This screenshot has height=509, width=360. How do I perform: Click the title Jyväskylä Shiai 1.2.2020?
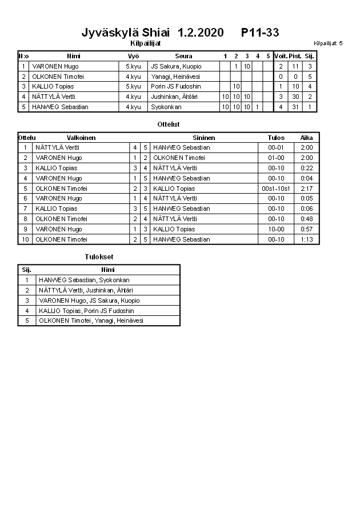pyautogui.click(x=153, y=33)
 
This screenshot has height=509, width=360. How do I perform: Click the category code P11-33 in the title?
pyautogui.click(x=260, y=33)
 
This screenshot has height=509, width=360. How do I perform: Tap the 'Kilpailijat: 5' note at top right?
pyautogui.click(x=328, y=43)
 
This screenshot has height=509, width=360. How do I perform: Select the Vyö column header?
pyautogui.click(x=133, y=56)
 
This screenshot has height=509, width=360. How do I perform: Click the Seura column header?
pyautogui.click(x=183, y=56)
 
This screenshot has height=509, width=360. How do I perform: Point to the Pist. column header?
pyautogui.click(x=295, y=56)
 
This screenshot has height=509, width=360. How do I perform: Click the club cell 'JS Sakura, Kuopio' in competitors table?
pyautogui.click(x=176, y=66)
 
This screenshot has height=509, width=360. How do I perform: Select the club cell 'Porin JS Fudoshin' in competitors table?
pyautogui.click(x=176, y=86)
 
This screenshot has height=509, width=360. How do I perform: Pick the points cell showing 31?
pyautogui.click(x=295, y=107)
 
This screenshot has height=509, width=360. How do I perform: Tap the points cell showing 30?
pyautogui.click(x=295, y=97)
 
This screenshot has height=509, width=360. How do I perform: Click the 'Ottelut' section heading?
pyautogui.click(x=168, y=124)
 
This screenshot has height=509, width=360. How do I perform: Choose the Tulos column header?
pyautogui.click(x=276, y=138)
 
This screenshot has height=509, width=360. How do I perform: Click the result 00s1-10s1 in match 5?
pyautogui.click(x=276, y=189)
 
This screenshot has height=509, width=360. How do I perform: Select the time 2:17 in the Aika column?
pyautogui.click(x=307, y=189)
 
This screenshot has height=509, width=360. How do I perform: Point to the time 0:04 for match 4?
pyautogui.click(x=307, y=178)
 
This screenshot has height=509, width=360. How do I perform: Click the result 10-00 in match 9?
pyautogui.click(x=276, y=229)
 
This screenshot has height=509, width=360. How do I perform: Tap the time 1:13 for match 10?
pyautogui.click(x=307, y=239)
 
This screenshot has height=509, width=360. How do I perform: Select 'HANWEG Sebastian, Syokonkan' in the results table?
pyautogui.click(x=84, y=280)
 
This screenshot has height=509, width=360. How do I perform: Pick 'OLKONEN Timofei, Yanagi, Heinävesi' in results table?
pyautogui.click(x=91, y=320)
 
